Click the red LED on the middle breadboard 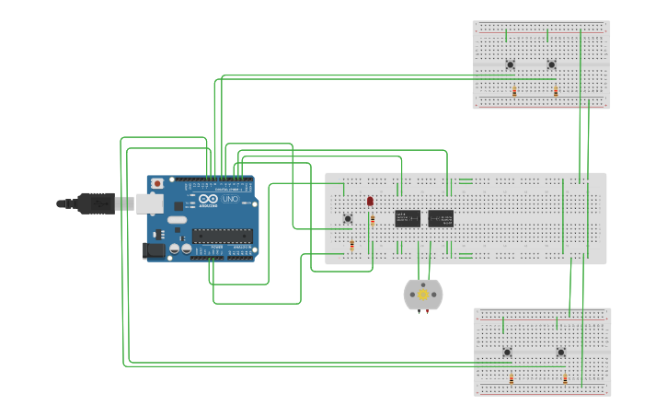click(x=370, y=201)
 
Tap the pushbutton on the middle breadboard click(x=347, y=218)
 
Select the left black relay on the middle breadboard click(x=408, y=218)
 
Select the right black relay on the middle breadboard click(x=441, y=218)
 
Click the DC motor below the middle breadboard click(x=423, y=295)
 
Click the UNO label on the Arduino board click(x=230, y=199)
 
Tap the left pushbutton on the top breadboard click(x=510, y=64)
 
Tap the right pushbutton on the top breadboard click(x=551, y=64)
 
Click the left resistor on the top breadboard click(x=514, y=91)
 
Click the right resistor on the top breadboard click(x=556, y=91)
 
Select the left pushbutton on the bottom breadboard click(x=507, y=352)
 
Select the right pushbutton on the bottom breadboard click(x=560, y=352)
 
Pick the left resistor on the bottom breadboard click(x=512, y=378)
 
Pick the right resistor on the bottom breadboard click(x=565, y=378)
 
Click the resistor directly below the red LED click(x=373, y=221)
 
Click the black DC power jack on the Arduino click(x=155, y=249)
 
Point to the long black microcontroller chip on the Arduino click(x=222, y=235)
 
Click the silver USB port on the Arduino click(x=149, y=203)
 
